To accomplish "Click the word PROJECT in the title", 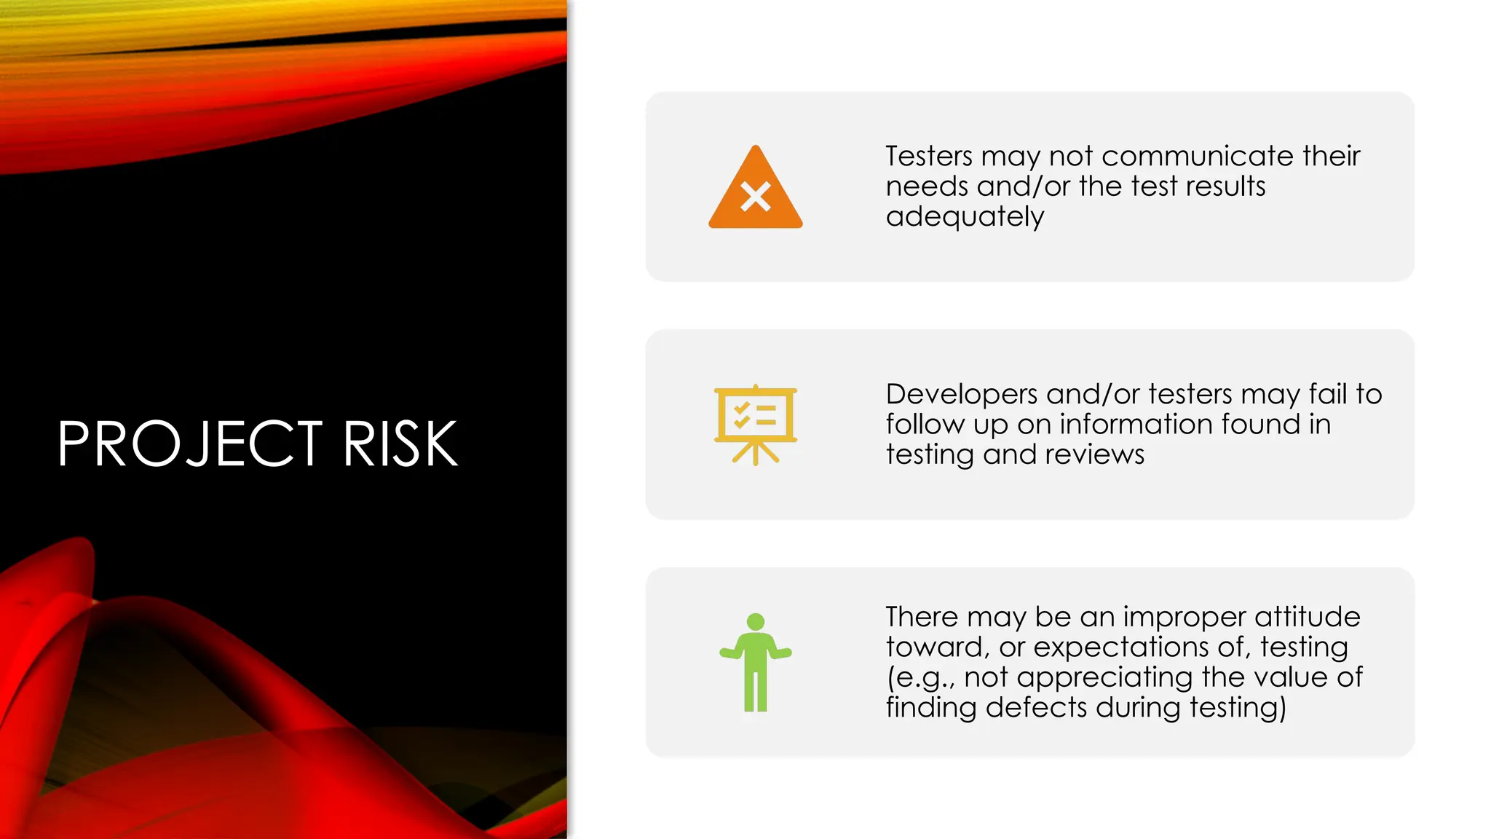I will click(x=190, y=444).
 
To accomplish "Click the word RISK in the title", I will click(x=400, y=444).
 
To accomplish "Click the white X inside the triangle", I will click(x=756, y=197).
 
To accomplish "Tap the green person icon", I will click(x=756, y=663).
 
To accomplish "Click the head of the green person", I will click(x=756, y=622).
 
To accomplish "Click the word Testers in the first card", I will click(x=928, y=156).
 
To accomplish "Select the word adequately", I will click(x=965, y=217).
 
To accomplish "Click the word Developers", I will click(x=961, y=394).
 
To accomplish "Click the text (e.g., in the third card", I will click(x=920, y=678).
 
